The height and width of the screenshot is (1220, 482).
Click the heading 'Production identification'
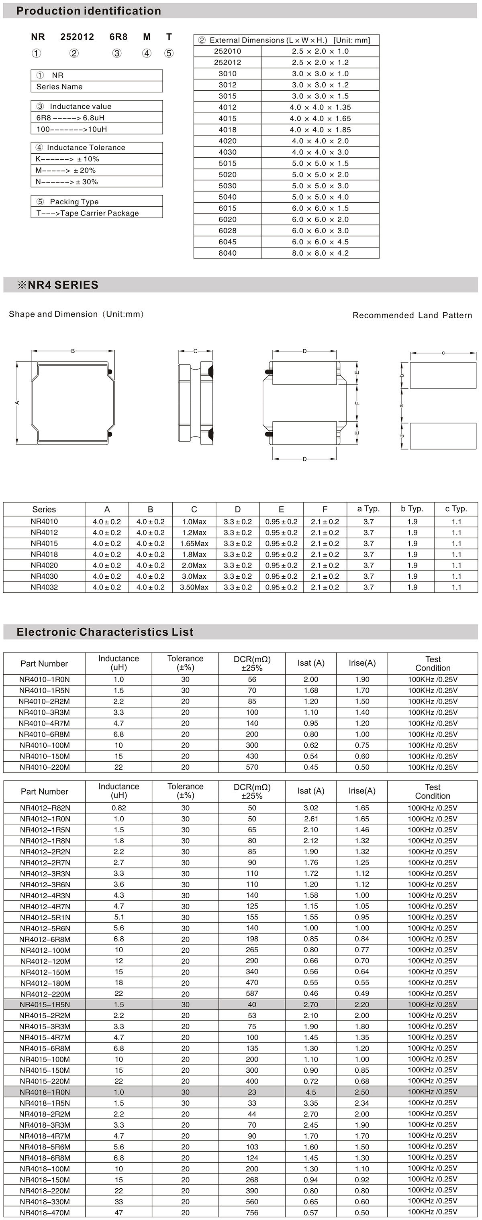point(89,11)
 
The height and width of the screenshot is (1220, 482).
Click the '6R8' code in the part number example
point(118,37)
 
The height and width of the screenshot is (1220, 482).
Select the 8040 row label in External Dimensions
point(227,253)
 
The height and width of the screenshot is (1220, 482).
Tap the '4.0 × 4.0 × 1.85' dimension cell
point(321,130)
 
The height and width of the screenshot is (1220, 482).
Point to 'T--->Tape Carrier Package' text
point(88,213)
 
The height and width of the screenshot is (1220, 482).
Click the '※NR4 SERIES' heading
point(58,285)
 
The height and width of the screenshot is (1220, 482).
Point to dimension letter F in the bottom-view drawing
point(357,403)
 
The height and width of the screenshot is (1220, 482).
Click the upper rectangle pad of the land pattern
point(443,376)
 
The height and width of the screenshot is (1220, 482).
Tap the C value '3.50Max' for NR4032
point(194,587)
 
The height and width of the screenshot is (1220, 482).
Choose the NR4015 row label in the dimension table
point(44,543)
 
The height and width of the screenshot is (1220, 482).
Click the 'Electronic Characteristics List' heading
point(105,632)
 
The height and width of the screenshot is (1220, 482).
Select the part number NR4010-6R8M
point(45,734)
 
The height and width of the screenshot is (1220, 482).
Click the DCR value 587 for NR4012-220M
point(252,993)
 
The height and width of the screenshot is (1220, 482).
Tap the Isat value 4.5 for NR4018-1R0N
point(311,1092)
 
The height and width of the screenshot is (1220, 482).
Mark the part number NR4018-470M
point(45,1212)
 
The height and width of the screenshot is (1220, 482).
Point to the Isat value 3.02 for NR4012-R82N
point(311,808)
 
